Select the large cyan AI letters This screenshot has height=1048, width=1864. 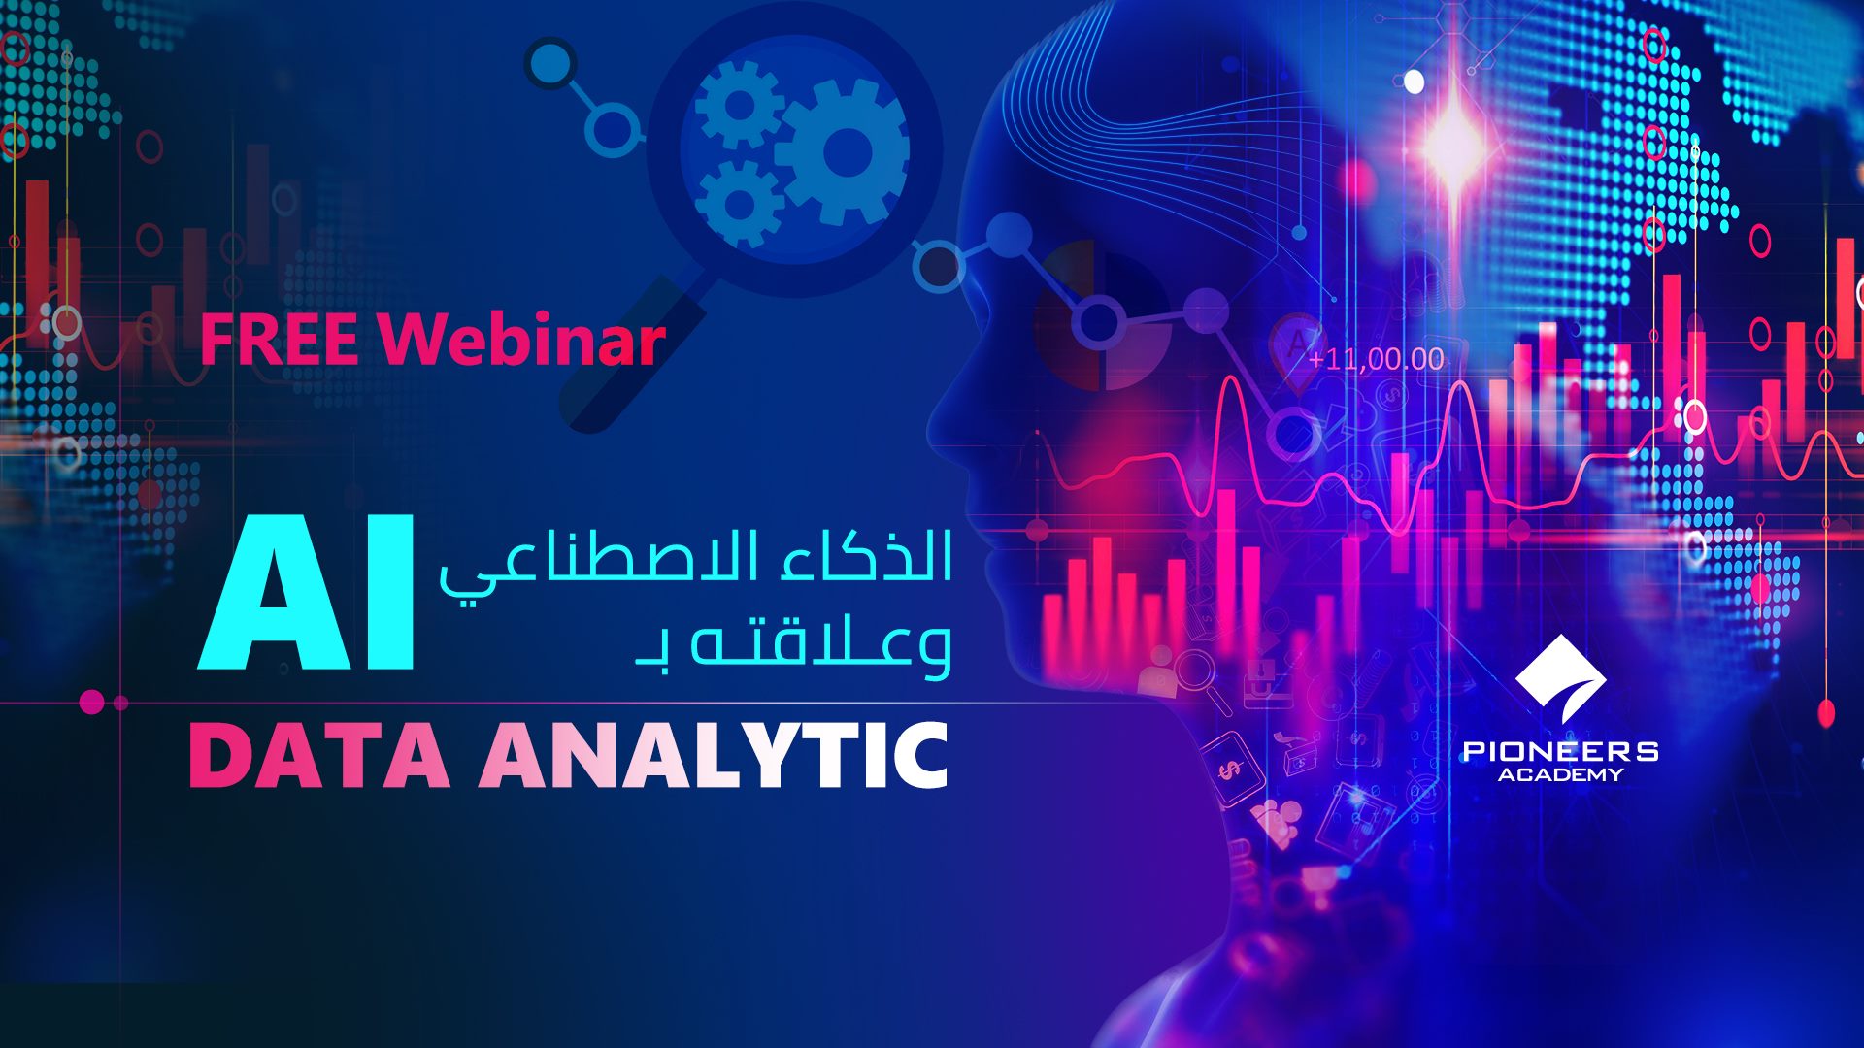[x=308, y=594]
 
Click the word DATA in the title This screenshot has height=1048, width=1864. [x=319, y=755]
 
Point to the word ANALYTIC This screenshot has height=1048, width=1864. [x=714, y=755]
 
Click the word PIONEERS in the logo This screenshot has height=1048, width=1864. [x=1560, y=750]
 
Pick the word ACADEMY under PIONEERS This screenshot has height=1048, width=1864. [x=1560, y=774]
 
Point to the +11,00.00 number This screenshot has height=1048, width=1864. [x=1376, y=359]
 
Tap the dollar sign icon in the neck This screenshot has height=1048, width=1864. [x=1230, y=769]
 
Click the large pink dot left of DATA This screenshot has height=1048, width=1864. [x=92, y=702]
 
